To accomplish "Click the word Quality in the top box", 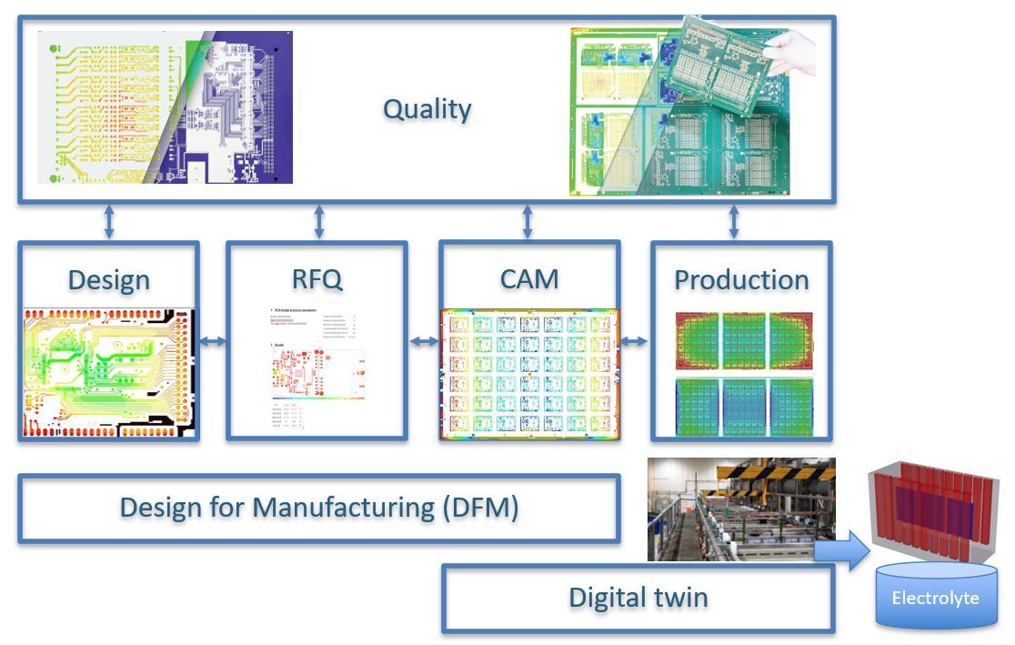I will pyautogui.click(x=427, y=109).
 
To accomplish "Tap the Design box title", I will pyautogui.click(x=108, y=279).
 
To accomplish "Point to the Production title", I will pyautogui.click(x=741, y=279).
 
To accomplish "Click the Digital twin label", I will pyautogui.click(x=638, y=598).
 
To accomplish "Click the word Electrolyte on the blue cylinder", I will pyautogui.click(x=935, y=598).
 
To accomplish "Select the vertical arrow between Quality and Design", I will pyautogui.click(x=109, y=222).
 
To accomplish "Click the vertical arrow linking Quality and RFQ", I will pyautogui.click(x=318, y=222).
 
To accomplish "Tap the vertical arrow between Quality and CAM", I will pyautogui.click(x=528, y=222).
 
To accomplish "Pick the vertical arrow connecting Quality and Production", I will pyautogui.click(x=734, y=222).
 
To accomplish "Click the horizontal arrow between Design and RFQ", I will pyautogui.click(x=213, y=342).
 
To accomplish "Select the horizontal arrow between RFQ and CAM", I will pyautogui.click(x=423, y=342).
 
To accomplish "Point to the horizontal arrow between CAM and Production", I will pyautogui.click(x=635, y=342).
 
